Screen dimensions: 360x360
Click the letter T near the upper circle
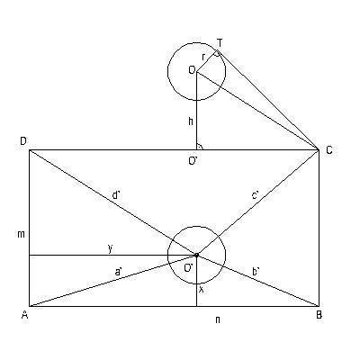pos(220,43)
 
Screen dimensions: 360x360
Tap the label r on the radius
pos(203,57)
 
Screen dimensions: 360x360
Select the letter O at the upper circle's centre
pos(192,70)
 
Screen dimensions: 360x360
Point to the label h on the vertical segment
pos(191,121)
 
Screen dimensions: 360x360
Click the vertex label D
pos(22,141)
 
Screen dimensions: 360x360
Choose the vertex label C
pos(329,150)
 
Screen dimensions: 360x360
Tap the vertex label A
pos(24,314)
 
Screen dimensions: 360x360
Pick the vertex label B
pos(319,315)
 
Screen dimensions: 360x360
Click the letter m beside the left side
pos(21,234)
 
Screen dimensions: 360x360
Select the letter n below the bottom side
pos(218,320)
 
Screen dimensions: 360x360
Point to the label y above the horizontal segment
pos(111,248)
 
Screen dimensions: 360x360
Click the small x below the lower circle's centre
pos(202,290)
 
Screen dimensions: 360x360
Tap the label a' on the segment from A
pos(118,272)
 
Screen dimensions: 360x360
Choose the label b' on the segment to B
pos(256,272)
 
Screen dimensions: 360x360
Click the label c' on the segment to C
pos(256,196)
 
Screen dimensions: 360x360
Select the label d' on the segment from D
pos(116,195)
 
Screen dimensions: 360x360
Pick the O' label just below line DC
pos(193,161)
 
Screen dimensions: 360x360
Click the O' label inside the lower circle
pos(189,268)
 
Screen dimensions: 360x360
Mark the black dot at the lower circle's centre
pos(197,255)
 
